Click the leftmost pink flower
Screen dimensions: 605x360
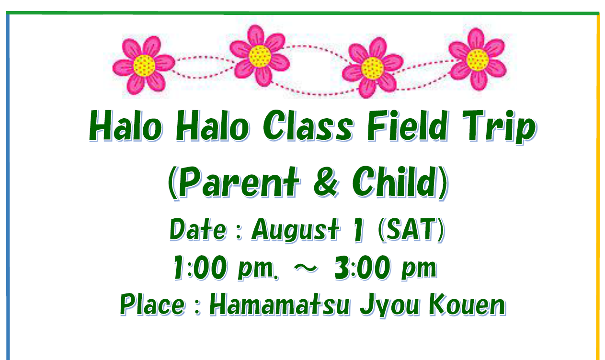pyautogui.click(x=144, y=65)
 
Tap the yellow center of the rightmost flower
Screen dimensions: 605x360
pyautogui.click(x=478, y=60)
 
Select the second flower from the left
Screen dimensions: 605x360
pyautogui.click(x=260, y=56)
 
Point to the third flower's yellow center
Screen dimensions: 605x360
pyautogui.click(x=373, y=68)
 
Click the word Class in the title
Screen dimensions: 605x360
pyautogui.click(x=308, y=126)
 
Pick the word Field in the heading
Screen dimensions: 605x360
pyautogui.click(x=408, y=126)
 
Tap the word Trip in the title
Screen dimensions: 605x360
pyautogui.click(x=500, y=127)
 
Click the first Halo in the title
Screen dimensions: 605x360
pyautogui.click(x=126, y=126)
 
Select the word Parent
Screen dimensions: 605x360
pyautogui.click(x=239, y=182)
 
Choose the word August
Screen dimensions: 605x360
pyautogui.click(x=295, y=230)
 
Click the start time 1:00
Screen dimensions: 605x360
pyautogui.click(x=200, y=267)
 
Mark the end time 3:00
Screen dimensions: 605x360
pyautogui.click(x=362, y=267)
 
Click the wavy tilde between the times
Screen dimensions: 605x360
pyautogui.click(x=306, y=268)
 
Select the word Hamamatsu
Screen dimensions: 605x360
pyautogui.click(x=280, y=305)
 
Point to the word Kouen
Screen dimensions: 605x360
pyautogui.click(x=467, y=305)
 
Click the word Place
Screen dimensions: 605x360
pyautogui.click(x=153, y=305)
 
